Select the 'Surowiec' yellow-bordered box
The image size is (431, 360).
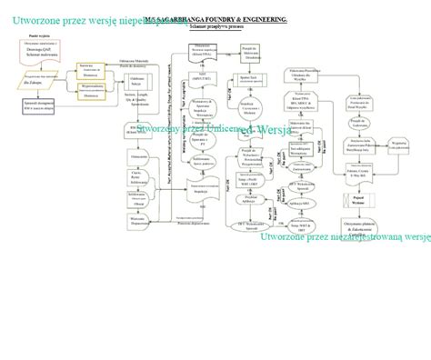[89, 69]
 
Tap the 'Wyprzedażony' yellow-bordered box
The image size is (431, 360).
[89, 84]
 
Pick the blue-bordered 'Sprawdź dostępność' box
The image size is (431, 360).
[37, 106]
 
